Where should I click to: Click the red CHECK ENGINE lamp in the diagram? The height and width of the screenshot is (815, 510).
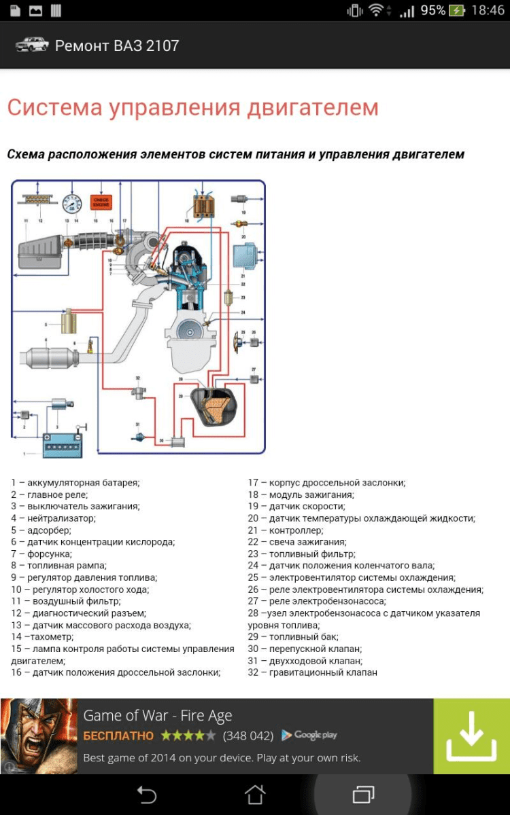101,203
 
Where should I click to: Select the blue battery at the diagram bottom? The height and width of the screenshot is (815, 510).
63,444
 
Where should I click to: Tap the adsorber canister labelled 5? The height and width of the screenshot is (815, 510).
69,321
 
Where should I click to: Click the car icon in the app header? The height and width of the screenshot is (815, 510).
32,45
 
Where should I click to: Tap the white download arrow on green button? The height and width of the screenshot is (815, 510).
471,736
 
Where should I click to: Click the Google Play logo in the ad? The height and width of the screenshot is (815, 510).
309,735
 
